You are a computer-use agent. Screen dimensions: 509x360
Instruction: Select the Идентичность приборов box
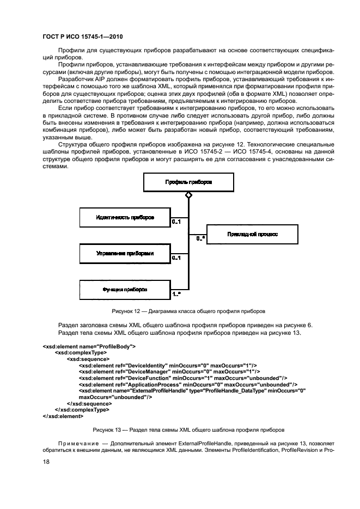[x=125, y=217]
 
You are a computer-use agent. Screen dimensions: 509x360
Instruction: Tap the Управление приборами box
[x=125, y=253]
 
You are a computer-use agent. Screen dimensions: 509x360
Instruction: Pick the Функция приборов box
[x=125, y=289]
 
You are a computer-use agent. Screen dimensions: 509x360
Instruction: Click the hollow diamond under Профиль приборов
[x=188, y=194]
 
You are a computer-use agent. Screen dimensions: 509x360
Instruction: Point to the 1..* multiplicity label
[x=177, y=295]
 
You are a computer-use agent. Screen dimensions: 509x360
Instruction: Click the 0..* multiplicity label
[x=200, y=238]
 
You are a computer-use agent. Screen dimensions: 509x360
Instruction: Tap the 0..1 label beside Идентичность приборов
[x=176, y=222]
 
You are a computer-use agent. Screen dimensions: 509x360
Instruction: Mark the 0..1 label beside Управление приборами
[x=176, y=258]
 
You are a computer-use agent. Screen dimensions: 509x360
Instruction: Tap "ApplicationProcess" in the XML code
[x=154, y=384]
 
